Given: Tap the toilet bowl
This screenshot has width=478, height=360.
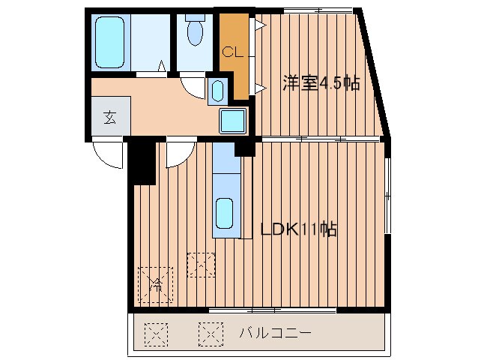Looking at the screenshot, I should coord(194,32).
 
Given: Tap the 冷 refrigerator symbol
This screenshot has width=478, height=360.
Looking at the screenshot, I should coord(156,283).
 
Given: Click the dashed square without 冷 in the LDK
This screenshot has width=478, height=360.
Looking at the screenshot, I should coord(201,265).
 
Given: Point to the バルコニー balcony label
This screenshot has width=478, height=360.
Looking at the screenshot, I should coord(275,331).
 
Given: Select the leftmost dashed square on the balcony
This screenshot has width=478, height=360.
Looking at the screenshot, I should coord(157,331).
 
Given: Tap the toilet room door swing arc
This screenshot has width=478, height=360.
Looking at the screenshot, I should coord(192,85).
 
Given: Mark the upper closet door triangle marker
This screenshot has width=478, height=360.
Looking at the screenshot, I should coord(258,25).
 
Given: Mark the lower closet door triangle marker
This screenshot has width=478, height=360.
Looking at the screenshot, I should coord(259,89).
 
